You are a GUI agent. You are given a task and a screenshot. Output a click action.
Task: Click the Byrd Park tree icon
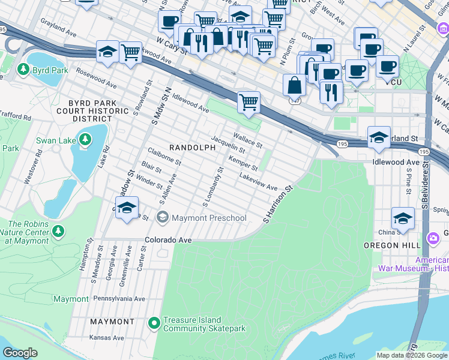[24, 70]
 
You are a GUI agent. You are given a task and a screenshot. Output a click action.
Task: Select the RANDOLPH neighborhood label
[191, 147]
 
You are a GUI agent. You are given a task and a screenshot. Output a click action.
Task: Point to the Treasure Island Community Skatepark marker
[154, 324]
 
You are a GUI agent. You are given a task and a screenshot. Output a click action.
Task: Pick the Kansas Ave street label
[106, 338]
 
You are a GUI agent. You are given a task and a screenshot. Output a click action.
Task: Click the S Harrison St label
[277, 205]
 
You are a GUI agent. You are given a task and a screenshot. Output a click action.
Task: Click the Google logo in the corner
[20, 353]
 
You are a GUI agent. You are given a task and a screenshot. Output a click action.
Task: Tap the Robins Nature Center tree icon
[58, 230]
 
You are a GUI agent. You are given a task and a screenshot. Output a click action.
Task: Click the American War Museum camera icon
[432, 239]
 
